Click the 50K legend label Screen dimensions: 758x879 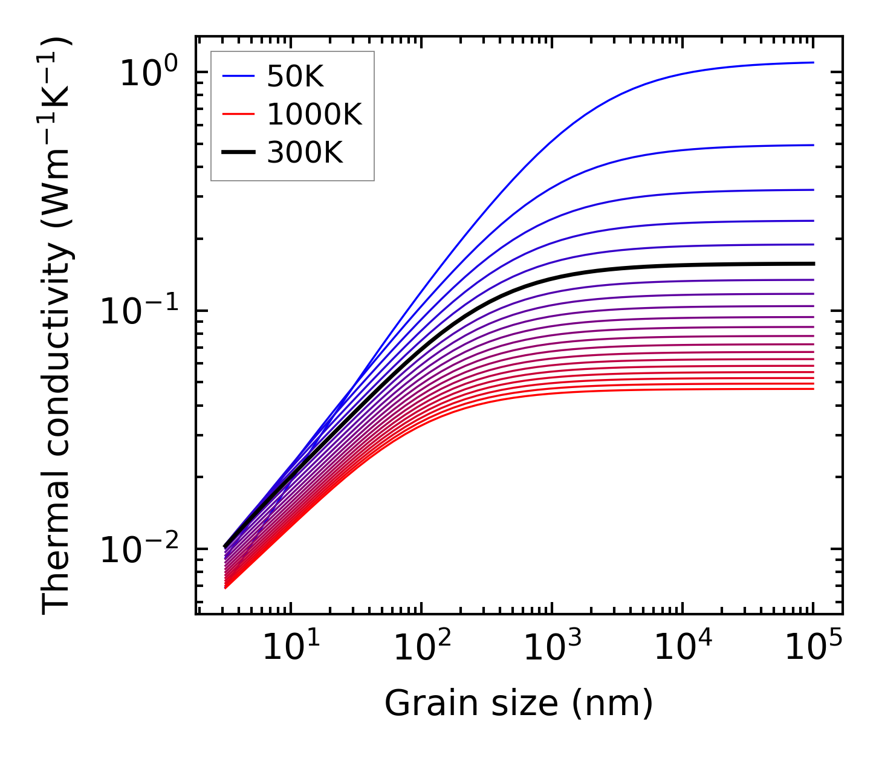pos(296,76)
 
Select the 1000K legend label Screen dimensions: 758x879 pos(314,115)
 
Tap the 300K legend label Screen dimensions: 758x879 pos(305,154)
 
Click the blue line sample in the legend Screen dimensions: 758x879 pos(239,76)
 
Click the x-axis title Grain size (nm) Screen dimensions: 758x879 pos(519,704)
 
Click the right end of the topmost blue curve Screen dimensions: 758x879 pos(813,62)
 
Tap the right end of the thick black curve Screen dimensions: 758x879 pos(813,264)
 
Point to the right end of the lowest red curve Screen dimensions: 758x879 pos(813,389)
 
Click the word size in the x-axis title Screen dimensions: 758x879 pos(533,704)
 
